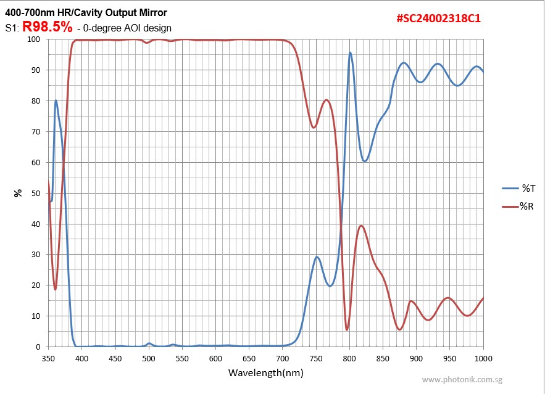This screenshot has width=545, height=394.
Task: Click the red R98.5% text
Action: (48, 27)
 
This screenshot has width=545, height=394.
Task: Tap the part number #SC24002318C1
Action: (438, 18)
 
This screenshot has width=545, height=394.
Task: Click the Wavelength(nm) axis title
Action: (266, 372)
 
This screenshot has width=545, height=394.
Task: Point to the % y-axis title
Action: (19, 193)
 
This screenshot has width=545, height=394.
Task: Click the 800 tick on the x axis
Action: (349, 358)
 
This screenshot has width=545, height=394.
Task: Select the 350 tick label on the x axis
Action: (48, 358)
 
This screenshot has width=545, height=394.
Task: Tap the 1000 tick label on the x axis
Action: (483, 358)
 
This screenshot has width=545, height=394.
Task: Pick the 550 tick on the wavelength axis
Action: (182, 358)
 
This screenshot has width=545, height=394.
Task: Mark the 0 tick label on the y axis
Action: (38, 347)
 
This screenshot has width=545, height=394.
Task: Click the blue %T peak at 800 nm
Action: (350, 53)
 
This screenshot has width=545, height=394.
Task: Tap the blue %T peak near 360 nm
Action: (56, 101)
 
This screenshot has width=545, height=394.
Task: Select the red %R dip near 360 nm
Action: (55, 289)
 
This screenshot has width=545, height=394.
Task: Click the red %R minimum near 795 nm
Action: (347, 329)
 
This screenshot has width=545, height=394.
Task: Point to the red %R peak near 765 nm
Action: (327, 100)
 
